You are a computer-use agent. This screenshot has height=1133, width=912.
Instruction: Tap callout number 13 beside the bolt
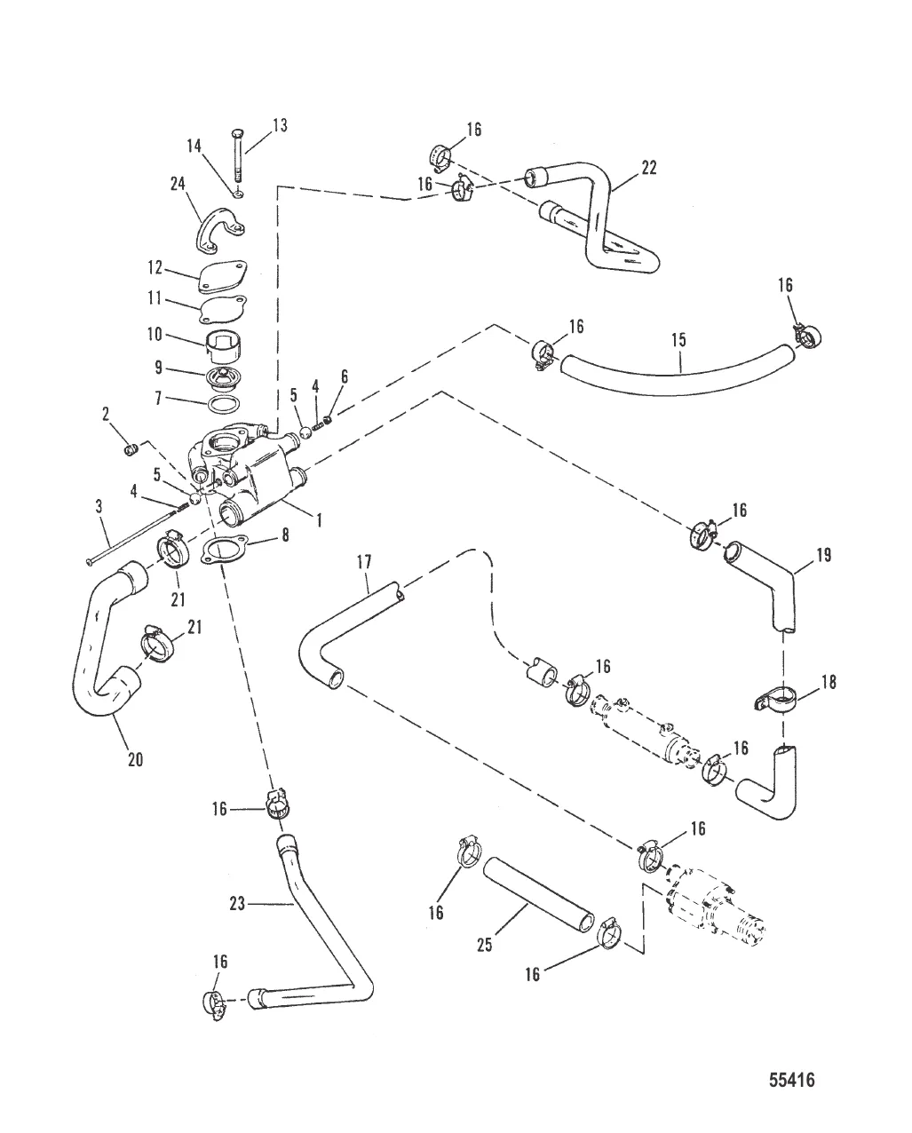point(280,126)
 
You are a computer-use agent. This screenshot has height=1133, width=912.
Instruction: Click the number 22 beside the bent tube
point(649,168)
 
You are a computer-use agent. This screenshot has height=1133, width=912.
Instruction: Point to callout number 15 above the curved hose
point(679,340)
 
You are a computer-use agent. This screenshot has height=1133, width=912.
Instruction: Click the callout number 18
point(829,683)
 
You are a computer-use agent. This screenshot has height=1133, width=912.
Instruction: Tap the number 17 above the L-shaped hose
point(365,561)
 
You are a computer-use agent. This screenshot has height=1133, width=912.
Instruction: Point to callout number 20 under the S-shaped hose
point(135,759)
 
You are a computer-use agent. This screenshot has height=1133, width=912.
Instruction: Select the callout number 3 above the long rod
point(99,506)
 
